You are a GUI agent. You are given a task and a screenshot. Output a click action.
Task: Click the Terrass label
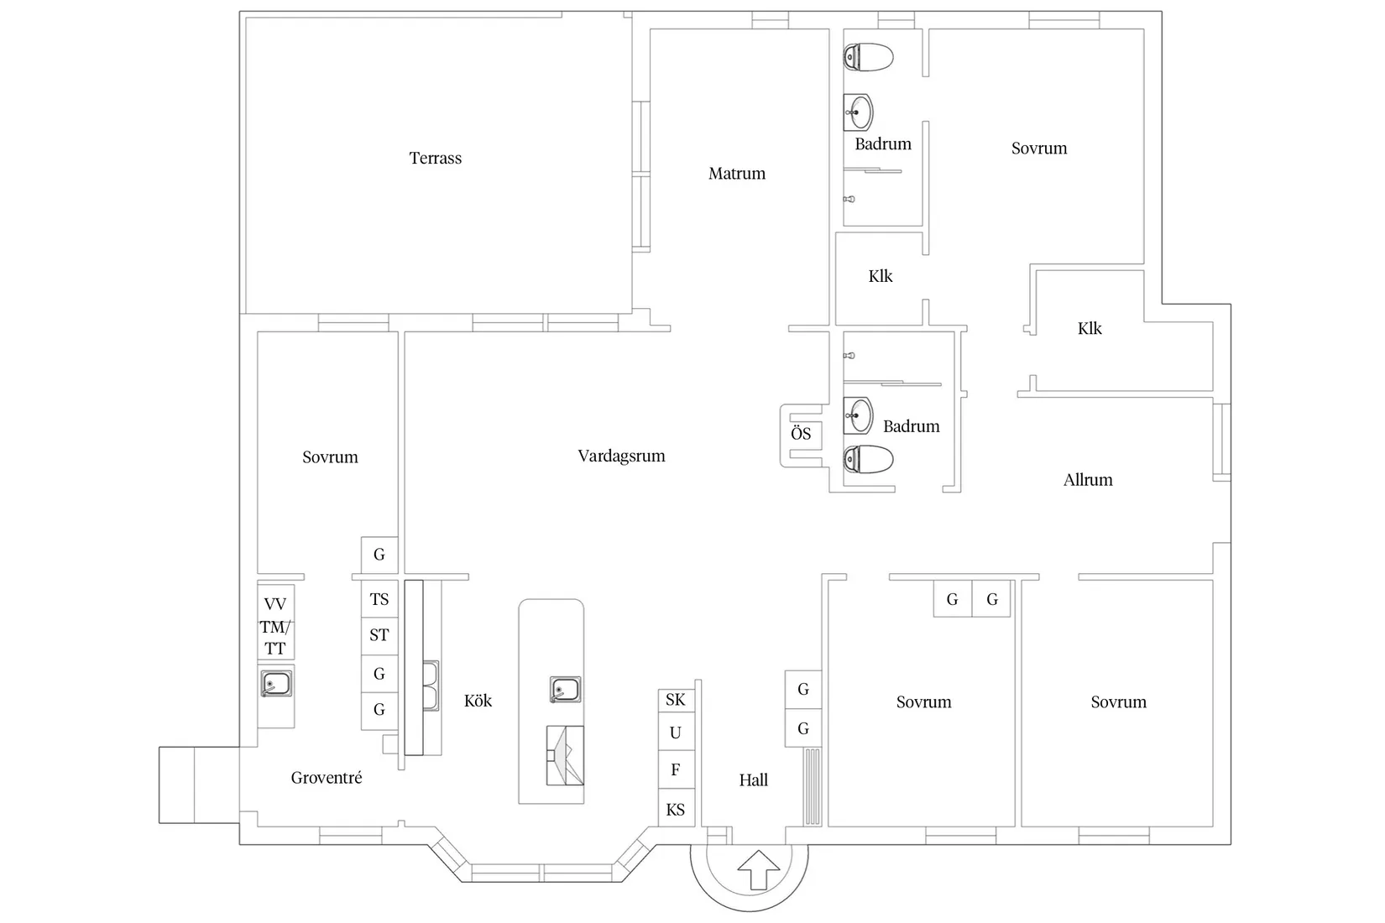click(436, 159)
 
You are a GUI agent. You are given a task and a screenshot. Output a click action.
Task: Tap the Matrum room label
click(737, 174)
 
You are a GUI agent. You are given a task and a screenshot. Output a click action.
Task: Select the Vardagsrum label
click(621, 456)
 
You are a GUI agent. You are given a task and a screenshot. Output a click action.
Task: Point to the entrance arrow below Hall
click(759, 870)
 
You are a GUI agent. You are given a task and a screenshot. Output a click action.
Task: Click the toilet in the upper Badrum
click(868, 57)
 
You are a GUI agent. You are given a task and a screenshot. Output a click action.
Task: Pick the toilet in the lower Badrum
click(868, 459)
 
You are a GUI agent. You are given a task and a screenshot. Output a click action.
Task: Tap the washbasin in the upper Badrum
click(858, 112)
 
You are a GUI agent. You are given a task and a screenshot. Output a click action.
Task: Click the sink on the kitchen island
click(565, 690)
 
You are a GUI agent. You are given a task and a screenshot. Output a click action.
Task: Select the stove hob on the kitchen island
click(565, 755)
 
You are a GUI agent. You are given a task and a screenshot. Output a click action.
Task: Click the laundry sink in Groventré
click(276, 684)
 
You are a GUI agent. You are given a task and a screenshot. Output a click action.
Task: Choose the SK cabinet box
click(677, 701)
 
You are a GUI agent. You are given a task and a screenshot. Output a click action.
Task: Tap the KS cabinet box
click(677, 808)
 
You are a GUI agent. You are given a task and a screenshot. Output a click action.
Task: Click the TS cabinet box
click(379, 599)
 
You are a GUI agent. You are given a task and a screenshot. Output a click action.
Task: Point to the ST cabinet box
click(379, 635)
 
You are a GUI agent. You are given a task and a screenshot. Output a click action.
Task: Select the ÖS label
click(801, 433)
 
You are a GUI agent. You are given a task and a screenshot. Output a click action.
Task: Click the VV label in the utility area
click(275, 604)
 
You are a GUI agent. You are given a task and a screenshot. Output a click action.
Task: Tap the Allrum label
click(1088, 480)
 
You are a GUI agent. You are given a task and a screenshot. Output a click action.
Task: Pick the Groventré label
click(327, 778)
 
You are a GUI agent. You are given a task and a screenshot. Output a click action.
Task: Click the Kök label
click(478, 701)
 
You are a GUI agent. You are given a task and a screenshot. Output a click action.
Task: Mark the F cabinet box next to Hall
click(677, 769)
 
